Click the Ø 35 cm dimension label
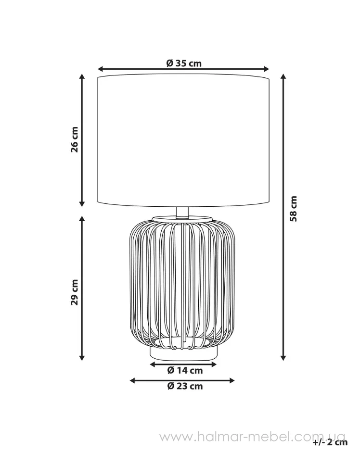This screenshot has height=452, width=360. point(184,63)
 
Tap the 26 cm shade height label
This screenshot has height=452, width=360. point(75,139)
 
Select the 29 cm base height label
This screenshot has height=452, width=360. point(75,292)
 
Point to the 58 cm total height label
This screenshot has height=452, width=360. point(294,209)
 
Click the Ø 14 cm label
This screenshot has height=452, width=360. point(185,370)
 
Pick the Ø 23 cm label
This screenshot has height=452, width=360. point(185,386)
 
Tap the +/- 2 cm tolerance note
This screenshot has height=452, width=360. point(330,442)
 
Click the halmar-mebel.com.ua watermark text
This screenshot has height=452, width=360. point(252,437)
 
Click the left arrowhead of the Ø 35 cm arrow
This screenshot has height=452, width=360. point(101,69)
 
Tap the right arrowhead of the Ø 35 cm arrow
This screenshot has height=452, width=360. point(266,69)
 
